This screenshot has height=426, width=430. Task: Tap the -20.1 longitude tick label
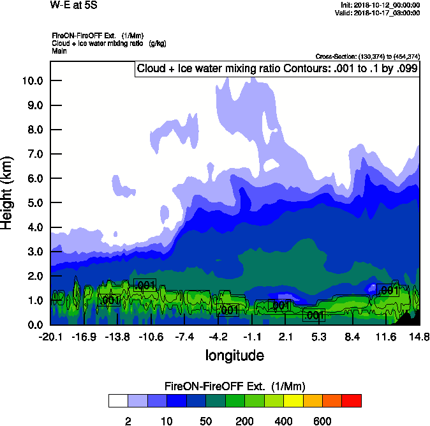(x=50, y=337)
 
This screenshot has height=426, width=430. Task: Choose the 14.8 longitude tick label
(x=419, y=337)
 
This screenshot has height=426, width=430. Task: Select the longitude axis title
(x=234, y=354)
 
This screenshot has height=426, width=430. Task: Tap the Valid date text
(x=381, y=13)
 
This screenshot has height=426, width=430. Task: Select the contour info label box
(x=277, y=69)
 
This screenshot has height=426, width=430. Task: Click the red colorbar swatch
(x=352, y=400)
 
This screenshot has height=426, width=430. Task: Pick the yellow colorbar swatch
(x=293, y=400)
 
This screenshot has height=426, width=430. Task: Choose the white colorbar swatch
(x=118, y=400)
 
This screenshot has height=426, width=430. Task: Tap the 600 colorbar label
(x=322, y=422)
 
